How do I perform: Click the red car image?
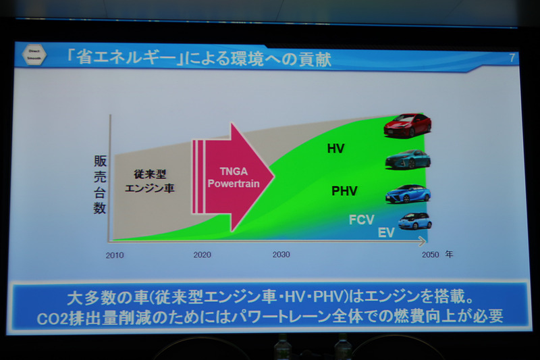[x=408, y=125]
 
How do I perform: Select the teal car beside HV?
[x=408, y=159]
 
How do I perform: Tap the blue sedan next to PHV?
[x=408, y=194]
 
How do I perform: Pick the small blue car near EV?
[x=414, y=221]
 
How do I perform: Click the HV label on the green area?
[x=335, y=148]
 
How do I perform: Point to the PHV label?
[x=344, y=191]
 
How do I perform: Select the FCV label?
[x=362, y=220]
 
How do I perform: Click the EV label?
[x=386, y=233]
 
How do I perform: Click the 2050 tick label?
[x=430, y=255]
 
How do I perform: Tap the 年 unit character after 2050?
[x=449, y=255]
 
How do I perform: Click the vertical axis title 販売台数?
[x=100, y=185]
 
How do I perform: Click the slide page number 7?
[x=512, y=58]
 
